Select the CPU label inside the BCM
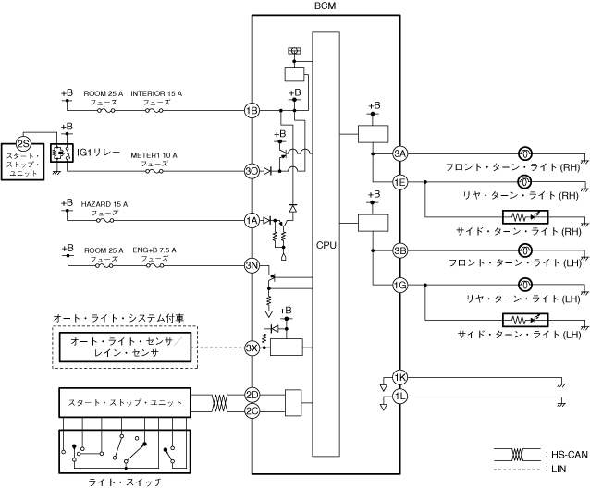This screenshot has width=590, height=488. pyautogui.click(x=326, y=247)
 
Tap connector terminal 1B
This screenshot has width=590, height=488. pyautogui.click(x=251, y=111)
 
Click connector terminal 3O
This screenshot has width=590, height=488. pyautogui.click(x=251, y=171)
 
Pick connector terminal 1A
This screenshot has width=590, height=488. pyautogui.click(x=251, y=220)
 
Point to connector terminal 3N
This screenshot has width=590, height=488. pyautogui.click(x=251, y=266)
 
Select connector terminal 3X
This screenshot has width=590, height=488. pyautogui.click(x=251, y=348)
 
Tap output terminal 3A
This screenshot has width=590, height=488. pyautogui.click(x=399, y=152)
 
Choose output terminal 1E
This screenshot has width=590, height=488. pyautogui.click(x=399, y=182)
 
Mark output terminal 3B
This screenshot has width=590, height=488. pyautogui.click(x=399, y=250)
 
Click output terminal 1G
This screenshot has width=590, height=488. pyautogui.click(x=399, y=285)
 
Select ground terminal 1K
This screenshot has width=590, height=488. pyautogui.click(x=399, y=377)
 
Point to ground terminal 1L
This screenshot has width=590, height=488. pyautogui.click(x=399, y=396)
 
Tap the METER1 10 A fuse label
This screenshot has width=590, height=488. pyautogui.click(x=154, y=154)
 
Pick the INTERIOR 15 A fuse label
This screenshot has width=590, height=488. pyautogui.click(x=155, y=94)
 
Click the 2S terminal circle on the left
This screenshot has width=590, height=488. pyautogui.click(x=24, y=145)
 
